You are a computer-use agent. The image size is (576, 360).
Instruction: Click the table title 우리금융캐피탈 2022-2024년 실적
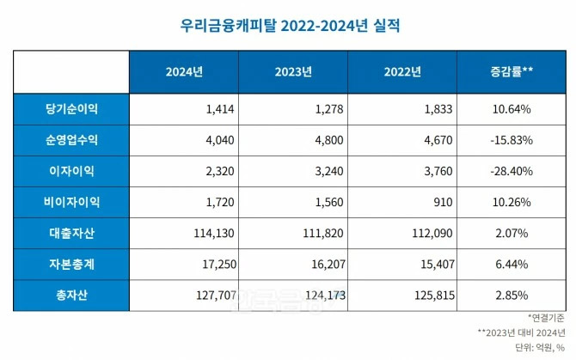point(288,25)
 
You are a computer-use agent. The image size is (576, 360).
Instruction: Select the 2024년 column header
point(183,71)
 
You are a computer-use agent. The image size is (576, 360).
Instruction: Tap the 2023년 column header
point(292,71)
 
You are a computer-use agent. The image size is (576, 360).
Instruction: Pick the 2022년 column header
point(402,71)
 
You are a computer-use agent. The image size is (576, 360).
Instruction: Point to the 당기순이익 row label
point(72,109)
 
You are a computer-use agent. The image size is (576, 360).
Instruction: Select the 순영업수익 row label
point(72,140)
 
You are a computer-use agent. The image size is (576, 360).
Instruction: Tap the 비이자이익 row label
point(72,202)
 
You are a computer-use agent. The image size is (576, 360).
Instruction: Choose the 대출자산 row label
point(72,233)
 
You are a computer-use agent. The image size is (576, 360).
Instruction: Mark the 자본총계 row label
point(72,264)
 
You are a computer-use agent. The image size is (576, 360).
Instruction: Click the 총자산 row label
point(72,295)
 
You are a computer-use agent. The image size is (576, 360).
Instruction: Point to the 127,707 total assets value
point(215,295)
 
